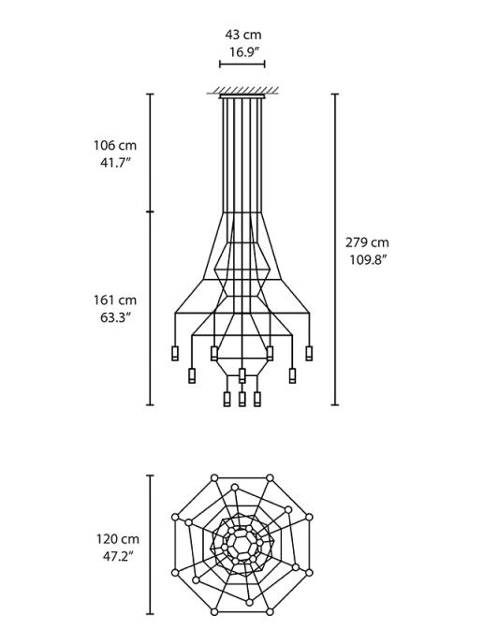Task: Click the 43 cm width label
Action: point(242,35)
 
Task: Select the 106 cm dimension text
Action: point(114,145)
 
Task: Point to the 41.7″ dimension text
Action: point(114,162)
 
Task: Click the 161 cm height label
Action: point(114,300)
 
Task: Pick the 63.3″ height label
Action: point(114,317)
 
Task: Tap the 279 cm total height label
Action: point(367,242)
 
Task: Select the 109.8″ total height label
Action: point(368,259)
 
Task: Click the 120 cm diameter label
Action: point(116,539)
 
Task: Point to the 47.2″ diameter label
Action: point(116,556)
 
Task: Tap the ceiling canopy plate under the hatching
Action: point(242,95)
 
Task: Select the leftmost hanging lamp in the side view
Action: point(174,353)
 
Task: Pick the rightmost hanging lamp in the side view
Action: point(309,353)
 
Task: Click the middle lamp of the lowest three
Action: point(241,399)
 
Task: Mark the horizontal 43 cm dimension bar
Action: point(242,65)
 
